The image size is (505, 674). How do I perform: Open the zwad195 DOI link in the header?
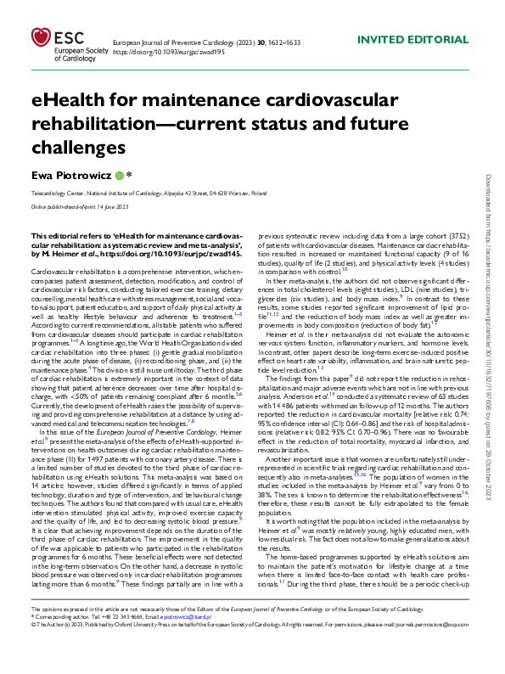[163, 51]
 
